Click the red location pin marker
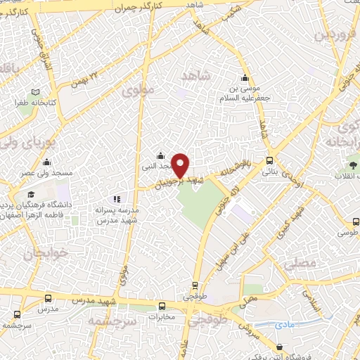point(181,165)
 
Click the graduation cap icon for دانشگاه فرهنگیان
point(30,195)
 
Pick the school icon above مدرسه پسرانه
point(117,200)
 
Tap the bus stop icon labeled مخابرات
point(162,306)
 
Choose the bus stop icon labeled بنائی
point(270,160)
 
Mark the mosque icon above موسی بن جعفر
point(244,78)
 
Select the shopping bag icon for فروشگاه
point(281,347)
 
